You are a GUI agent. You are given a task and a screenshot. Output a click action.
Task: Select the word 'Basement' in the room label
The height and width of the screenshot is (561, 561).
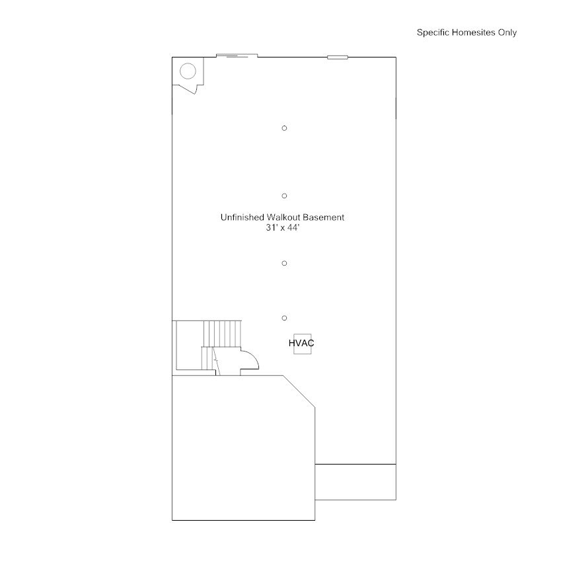(324, 217)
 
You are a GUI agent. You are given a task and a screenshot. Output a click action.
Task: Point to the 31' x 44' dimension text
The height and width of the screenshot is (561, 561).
(283, 227)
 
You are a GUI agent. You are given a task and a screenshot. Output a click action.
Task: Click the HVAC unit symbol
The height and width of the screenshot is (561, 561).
(303, 344)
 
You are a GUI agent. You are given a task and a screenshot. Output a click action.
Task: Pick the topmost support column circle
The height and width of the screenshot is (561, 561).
(284, 128)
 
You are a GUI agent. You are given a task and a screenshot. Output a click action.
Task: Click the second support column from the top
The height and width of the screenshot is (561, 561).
(284, 196)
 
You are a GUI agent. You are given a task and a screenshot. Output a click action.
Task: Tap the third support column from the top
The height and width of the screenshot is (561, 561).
(284, 264)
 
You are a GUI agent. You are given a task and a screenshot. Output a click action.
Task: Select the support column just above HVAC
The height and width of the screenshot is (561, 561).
(284, 318)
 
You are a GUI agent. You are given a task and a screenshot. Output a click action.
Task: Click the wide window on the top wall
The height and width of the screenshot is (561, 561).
(237, 56)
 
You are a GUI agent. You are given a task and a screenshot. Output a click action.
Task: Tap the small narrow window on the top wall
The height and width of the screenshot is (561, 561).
(338, 57)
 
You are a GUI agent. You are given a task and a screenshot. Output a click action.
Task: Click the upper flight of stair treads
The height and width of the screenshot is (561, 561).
(223, 334)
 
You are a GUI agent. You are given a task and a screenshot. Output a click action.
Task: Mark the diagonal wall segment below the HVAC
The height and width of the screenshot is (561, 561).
(299, 391)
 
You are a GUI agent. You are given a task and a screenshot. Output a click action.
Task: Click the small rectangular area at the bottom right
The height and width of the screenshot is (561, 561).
(355, 482)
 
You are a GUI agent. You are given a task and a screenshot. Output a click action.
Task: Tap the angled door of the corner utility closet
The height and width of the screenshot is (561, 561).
(188, 89)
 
